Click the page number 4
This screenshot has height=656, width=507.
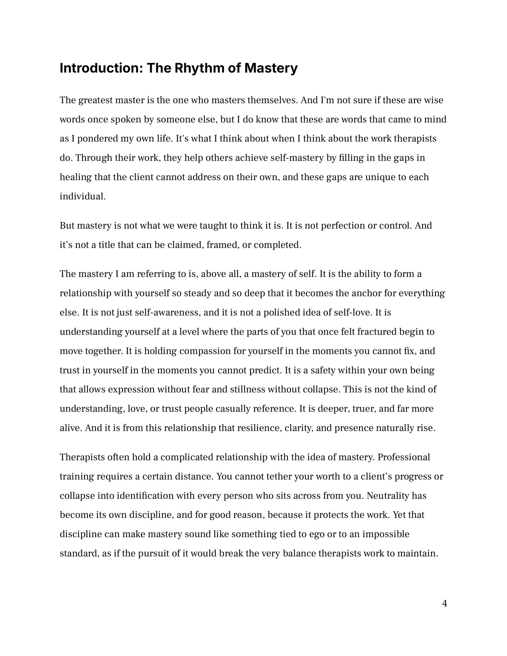tap(444, 604)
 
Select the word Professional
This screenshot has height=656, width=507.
tap(404, 457)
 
